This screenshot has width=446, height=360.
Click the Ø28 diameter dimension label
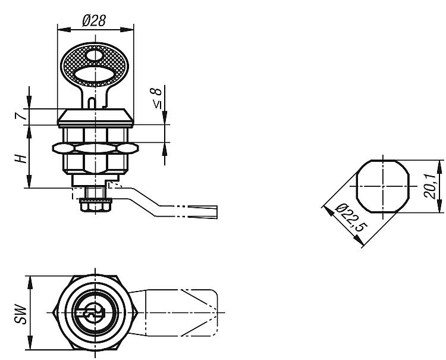(94, 20)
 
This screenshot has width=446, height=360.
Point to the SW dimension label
(21, 314)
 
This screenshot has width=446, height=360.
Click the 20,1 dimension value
(429, 186)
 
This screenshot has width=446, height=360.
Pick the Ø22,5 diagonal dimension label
(351, 218)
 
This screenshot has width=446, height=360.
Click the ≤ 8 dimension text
(157, 98)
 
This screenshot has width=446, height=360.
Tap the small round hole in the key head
(94, 55)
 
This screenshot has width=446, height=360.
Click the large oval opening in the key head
(94, 74)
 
